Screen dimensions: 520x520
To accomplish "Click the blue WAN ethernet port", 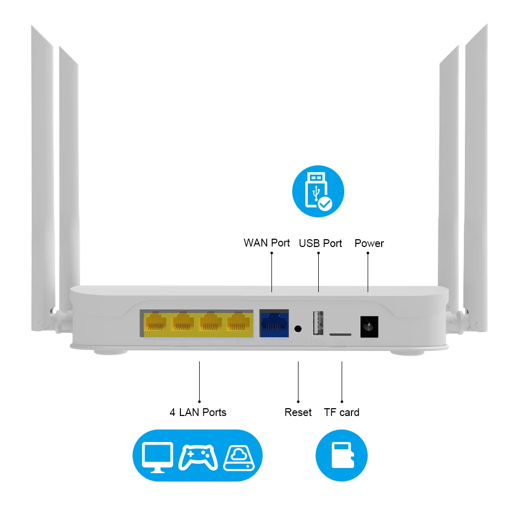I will click(274, 322).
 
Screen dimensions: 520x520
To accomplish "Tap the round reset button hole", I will click(298, 329).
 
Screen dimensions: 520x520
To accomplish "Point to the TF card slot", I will click(340, 332).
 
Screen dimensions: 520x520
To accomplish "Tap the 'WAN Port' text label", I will click(267, 243).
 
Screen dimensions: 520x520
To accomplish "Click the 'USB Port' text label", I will click(320, 243).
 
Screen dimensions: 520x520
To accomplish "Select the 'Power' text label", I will click(369, 243).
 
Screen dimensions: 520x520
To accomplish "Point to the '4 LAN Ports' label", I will click(198, 412).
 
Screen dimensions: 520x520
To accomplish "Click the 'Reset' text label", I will click(298, 412).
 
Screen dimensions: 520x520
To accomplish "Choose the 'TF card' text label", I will click(342, 412).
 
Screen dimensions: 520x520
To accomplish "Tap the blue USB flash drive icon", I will click(318, 191).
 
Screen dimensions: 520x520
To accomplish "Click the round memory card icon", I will click(342, 455).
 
